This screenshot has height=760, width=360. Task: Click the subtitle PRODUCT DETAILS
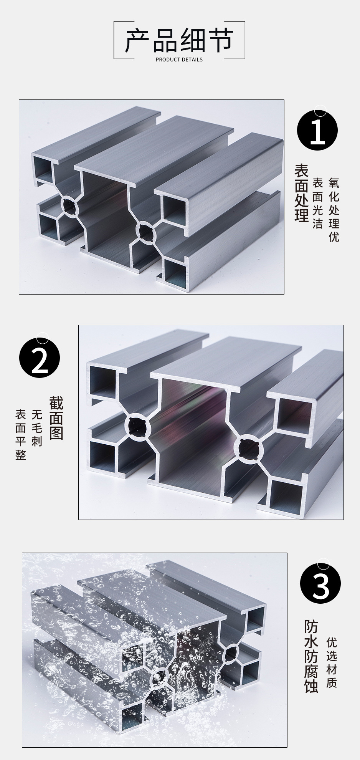(x=179, y=60)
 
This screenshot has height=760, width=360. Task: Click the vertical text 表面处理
(x=301, y=193)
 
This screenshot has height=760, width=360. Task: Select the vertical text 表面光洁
(x=317, y=203)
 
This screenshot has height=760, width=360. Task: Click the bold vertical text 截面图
(x=56, y=418)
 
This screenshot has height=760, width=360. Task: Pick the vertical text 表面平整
(x=21, y=434)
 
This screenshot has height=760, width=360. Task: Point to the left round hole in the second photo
(x=137, y=426)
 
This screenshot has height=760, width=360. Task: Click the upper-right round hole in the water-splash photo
(x=231, y=652)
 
